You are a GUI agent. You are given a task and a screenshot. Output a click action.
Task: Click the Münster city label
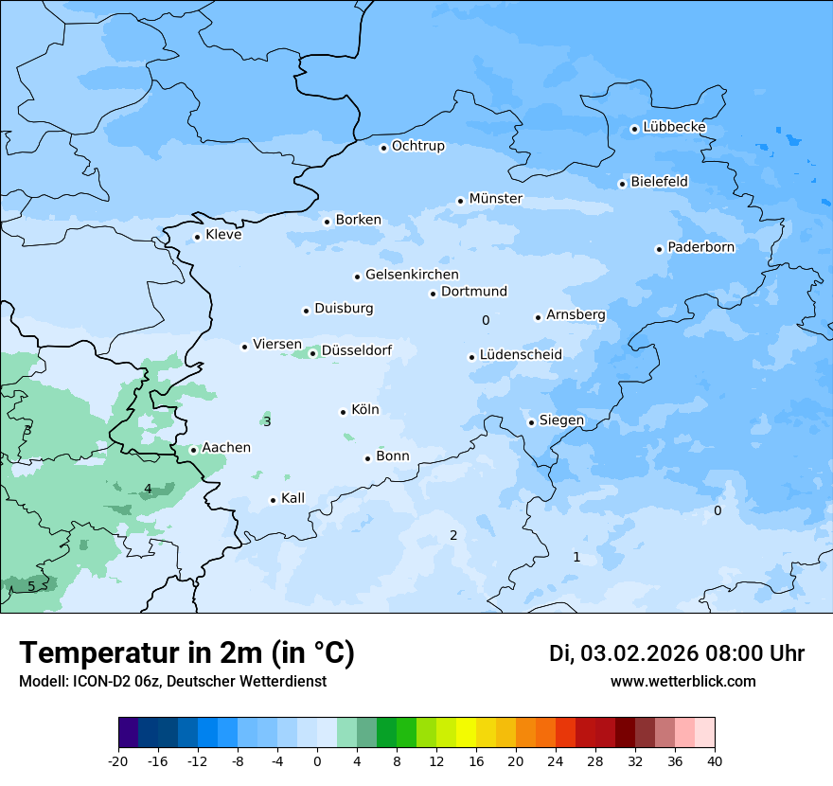point(495,199)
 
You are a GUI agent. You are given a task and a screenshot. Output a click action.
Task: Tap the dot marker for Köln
point(344,412)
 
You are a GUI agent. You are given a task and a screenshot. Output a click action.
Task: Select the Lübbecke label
point(674,127)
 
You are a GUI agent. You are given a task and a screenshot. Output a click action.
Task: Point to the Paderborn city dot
point(660,249)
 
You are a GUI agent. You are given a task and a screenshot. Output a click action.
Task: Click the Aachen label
point(226,448)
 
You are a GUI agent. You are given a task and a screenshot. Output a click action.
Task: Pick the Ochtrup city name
point(417,146)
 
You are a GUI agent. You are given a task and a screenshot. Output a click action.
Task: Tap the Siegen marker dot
point(532,422)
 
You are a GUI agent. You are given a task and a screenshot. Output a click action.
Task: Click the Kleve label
point(223,235)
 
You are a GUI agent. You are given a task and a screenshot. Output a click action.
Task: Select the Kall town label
point(292,498)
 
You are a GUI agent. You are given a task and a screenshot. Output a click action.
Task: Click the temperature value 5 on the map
point(31,586)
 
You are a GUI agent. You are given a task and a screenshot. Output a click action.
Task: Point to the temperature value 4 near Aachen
point(148,490)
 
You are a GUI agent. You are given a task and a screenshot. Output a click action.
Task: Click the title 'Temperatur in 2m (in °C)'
point(186,653)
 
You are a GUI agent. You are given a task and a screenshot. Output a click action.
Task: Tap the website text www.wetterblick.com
point(682,682)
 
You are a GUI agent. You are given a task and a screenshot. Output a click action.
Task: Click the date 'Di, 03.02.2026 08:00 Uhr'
point(676,653)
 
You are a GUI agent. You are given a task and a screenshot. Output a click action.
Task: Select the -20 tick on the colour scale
point(118,761)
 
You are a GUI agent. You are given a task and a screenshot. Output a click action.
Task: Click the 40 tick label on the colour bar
point(715,761)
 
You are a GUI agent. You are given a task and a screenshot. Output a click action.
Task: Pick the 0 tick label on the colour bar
point(317,761)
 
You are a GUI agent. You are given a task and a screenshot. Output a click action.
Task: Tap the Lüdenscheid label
point(521,355)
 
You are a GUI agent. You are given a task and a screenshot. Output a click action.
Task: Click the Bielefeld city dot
point(623,184)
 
